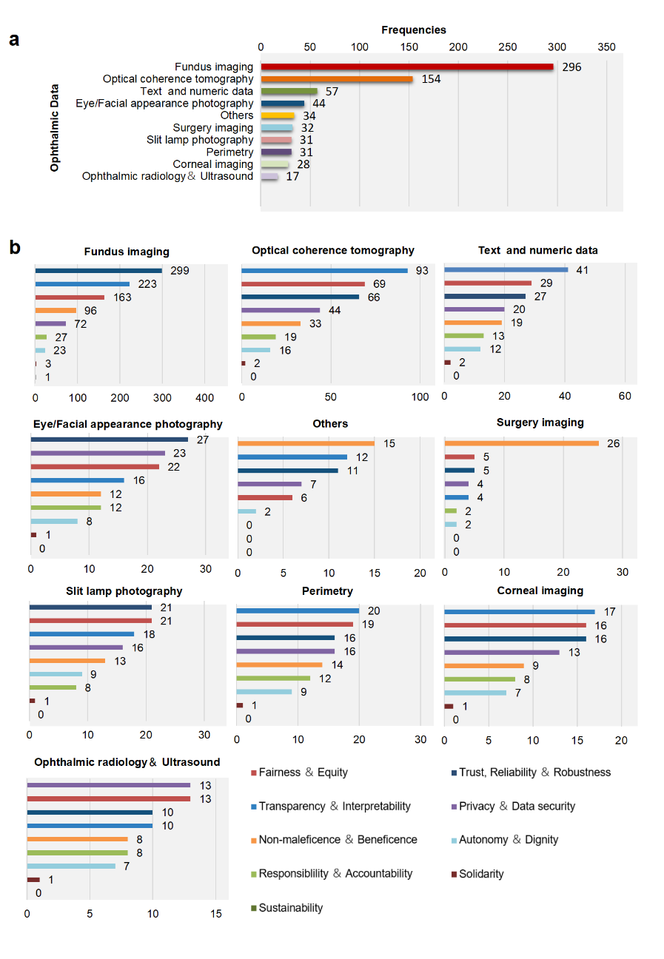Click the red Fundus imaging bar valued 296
(406, 67)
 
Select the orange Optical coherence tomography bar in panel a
(337, 78)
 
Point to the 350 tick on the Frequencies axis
(606, 47)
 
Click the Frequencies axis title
(414, 30)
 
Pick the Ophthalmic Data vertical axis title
(55, 127)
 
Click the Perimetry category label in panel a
(229, 152)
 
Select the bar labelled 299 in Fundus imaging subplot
(98, 270)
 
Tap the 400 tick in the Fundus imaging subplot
(205, 397)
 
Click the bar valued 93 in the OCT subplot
(324, 270)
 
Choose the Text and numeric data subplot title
(538, 251)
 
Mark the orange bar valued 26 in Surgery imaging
(521, 443)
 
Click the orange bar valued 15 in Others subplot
(306, 443)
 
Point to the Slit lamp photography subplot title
(124, 591)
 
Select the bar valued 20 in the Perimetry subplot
(298, 610)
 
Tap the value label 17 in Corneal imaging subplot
(609, 611)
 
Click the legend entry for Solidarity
(481, 874)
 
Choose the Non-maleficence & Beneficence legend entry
(338, 840)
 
